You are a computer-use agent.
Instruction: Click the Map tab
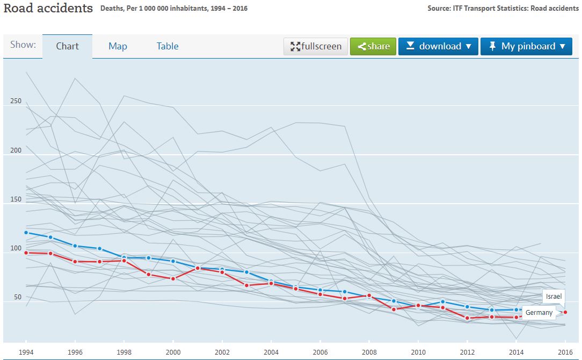(118, 46)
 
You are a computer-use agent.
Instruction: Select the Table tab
(168, 46)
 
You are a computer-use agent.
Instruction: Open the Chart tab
(68, 46)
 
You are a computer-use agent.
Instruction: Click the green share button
(373, 46)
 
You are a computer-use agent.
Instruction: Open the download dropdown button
(438, 46)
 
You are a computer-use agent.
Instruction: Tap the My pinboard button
(526, 46)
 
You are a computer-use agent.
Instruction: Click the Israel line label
(554, 297)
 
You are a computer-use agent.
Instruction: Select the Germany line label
(539, 313)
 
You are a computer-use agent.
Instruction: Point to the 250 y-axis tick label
(16, 101)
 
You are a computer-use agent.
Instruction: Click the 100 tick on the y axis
(16, 248)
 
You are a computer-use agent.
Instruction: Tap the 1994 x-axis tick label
(26, 352)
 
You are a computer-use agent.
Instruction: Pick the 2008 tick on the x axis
(369, 352)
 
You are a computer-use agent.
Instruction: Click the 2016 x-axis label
(565, 352)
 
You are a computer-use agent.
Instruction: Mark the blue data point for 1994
(26, 233)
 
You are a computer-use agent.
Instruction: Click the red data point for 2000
(173, 279)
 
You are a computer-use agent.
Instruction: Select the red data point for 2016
(565, 312)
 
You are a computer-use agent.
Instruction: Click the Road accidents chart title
(48, 9)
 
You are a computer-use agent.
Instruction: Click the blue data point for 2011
(442, 302)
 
